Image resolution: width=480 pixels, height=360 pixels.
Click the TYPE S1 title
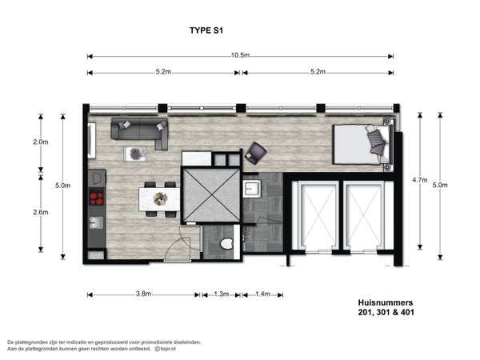click(x=206, y=30)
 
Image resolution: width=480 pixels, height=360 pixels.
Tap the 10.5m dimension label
click(x=240, y=55)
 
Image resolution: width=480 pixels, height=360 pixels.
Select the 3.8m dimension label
click(x=143, y=294)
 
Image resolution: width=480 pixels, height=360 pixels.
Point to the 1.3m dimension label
click(x=222, y=294)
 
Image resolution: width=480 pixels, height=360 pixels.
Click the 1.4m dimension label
click(x=262, y=294)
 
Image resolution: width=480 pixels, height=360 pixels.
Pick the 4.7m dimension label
click(x=420, y=180)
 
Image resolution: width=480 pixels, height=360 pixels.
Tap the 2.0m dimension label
click(x=41, y=142)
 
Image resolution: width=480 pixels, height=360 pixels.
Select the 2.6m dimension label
click(x=41, y=212)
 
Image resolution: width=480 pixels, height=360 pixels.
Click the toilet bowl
click(x=227, y=244)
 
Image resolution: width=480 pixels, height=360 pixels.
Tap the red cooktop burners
click(x=97, y=198)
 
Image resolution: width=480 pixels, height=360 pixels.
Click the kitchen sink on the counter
click(x=96, y=222)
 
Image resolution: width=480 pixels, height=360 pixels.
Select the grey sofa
click(x=139, y=133)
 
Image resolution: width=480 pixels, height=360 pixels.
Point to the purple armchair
click(x=256, y=153)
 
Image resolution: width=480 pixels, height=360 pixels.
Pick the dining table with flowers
click(x=159, y=199)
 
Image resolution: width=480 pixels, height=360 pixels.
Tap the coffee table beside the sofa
click(x=135, y=154)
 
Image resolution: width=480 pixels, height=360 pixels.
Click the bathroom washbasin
click(x=252, y=189)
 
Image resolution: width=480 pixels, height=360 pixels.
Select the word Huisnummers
click(x=386, y=302)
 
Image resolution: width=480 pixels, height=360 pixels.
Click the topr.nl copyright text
click(x=165, y=349)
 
